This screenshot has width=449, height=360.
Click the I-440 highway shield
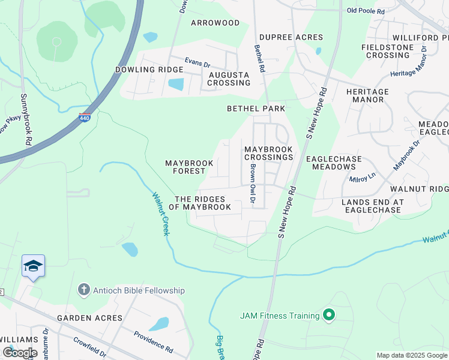(85, 118)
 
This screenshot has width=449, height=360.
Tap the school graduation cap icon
(33, 266)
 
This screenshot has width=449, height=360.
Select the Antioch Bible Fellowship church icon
(83, 290)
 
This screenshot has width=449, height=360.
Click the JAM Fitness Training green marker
(328, 314)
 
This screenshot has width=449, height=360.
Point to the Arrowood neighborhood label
(215, 23)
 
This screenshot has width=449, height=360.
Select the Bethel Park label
(256, 109)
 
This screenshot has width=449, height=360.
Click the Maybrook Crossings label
(268, 153)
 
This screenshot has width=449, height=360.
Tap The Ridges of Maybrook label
(200, 203)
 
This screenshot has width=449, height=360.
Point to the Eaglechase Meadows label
(334, 163)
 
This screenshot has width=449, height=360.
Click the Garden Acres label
(89, 317)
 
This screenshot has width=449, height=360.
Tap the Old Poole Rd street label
(369, 10)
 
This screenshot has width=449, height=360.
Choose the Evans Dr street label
(197, 62)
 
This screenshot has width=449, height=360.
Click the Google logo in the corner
(20, 352)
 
